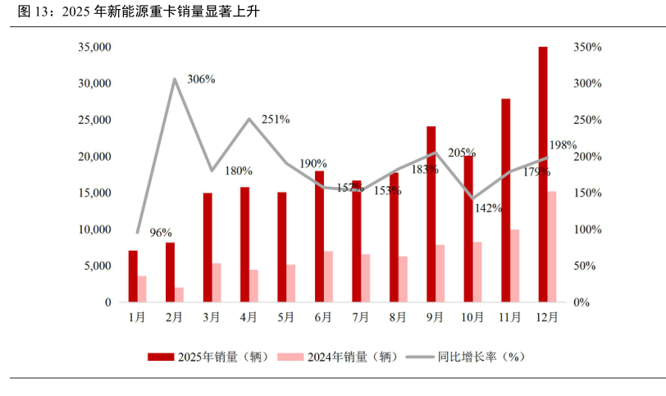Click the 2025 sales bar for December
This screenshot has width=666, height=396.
tap(543, 174)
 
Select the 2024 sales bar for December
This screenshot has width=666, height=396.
tap(552, 247)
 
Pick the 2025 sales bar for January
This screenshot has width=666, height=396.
tap(133, 276)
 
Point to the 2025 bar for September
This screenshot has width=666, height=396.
tap(431, 214)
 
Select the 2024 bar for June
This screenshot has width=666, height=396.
tap(328, 276)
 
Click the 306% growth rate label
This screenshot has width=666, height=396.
tap(201, 80)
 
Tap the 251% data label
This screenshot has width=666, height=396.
tap(276, 119)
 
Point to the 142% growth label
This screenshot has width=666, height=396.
tap(488, 208)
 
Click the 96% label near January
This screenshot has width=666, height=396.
tap(161, 233)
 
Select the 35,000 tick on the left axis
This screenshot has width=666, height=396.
tap(94, 48)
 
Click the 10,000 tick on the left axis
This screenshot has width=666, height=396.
tap(94, 230)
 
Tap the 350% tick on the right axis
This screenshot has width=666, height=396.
tap(587, 48)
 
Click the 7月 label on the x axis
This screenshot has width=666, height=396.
tap(360, 317)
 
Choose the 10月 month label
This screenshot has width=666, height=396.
tap(472, 317)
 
